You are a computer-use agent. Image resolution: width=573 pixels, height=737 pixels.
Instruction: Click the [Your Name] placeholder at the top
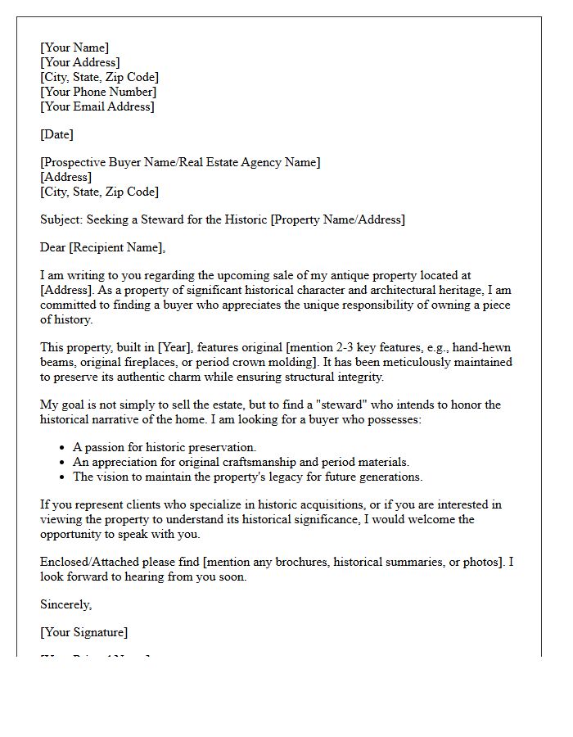pyautogui.click(x=74, y=47)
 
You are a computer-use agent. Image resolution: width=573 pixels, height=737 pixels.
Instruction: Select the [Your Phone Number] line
pyautogui.click(x=98, y=92)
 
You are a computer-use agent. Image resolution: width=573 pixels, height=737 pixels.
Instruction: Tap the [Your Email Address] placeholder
pyautogui.click(x=97, y=106)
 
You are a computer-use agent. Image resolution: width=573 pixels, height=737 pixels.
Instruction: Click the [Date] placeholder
pyautogui.click(x=56, y=134)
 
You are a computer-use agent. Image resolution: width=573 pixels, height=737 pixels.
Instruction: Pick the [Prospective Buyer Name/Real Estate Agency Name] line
pyautogui.click(x=180, y=162)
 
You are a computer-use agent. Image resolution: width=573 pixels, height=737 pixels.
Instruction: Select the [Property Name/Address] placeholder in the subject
pyautogui.click(x=337, y=219)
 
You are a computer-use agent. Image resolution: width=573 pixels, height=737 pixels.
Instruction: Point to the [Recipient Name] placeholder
pyautogui.click(x=119, y=247)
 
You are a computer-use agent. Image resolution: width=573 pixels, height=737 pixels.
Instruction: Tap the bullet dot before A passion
pyautogui.click(x=62, y=448)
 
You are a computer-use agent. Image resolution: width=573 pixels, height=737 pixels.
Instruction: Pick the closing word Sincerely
pyautogui.click(x=65, y=604)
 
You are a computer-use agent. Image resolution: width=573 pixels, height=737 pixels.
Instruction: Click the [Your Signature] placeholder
pyautogui.click(x=84, y=632)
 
